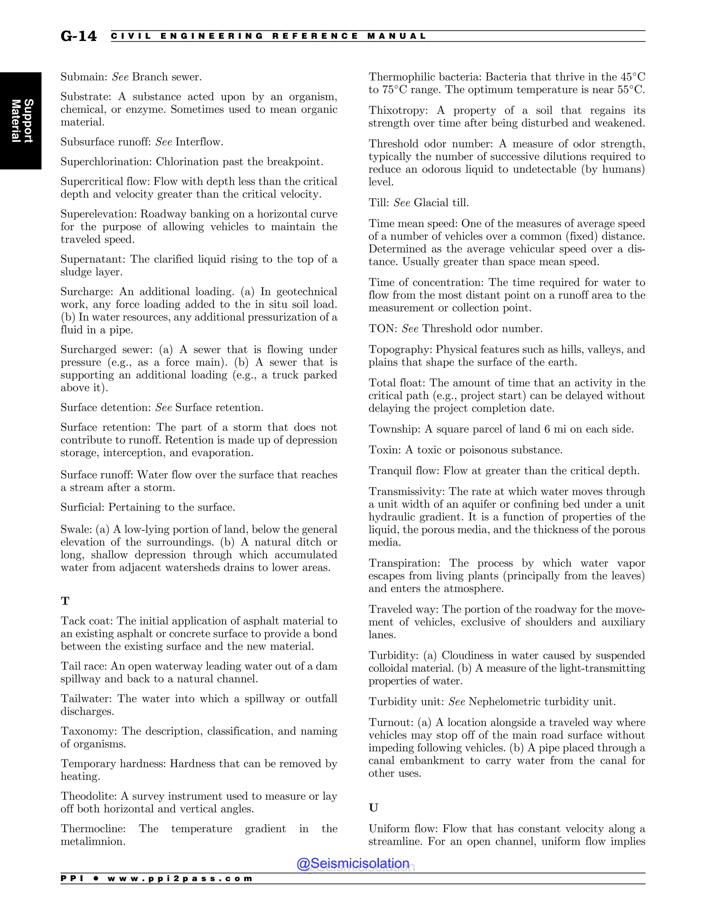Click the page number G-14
click(x=79, y=37)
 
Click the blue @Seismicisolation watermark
click(x=353, y=863)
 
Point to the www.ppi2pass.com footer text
click(x=180, y=879)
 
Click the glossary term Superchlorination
click(x=106, y=162)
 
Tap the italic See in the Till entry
click(x=402, y=203)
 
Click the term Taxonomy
click(x=89, y=731)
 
